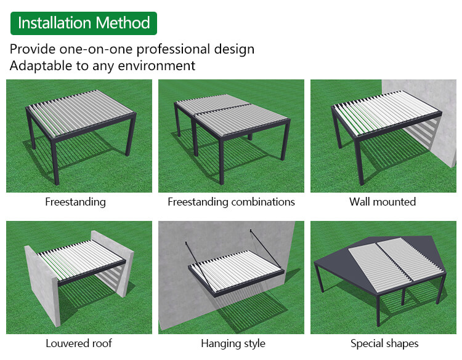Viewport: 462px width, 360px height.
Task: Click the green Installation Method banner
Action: [x=84, y=23]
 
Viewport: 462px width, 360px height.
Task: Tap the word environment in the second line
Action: [x=156, y=66]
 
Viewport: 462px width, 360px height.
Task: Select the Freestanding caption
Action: [x=75, y=202]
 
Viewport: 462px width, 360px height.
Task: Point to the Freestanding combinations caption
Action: [x=231, y=202]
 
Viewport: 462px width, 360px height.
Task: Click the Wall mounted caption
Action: [x=383, y=202]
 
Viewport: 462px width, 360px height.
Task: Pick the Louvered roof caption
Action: [x=79, y=343]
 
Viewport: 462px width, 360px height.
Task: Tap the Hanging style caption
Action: [x=233, y=343]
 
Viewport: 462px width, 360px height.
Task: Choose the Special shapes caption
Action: [x=384, y=343]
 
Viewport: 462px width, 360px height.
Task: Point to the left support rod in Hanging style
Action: [x=198, y=265]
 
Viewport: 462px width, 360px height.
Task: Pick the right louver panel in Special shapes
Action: [x=411, y=259]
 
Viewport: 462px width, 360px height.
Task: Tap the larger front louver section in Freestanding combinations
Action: [x=241, y=119]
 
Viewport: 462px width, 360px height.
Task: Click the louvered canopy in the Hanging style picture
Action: [x=237, y=272]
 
